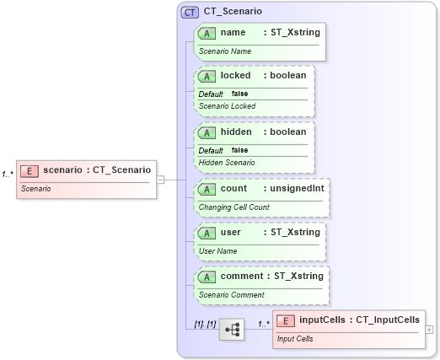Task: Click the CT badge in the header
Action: click(190, 12)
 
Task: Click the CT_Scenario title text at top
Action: click(233, 12)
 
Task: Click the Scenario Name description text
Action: click(224, 51)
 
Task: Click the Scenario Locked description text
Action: click(227, 106)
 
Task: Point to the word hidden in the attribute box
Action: click(235, 132)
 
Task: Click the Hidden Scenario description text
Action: click(226, 162)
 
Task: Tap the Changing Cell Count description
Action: click(233, 207)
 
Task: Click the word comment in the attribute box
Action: click(241, 276)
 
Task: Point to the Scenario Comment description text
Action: click(231, 294)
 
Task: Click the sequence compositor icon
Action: click(231, 329)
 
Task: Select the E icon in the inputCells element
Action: click(286, 320)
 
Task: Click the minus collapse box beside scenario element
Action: click(160, 179)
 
